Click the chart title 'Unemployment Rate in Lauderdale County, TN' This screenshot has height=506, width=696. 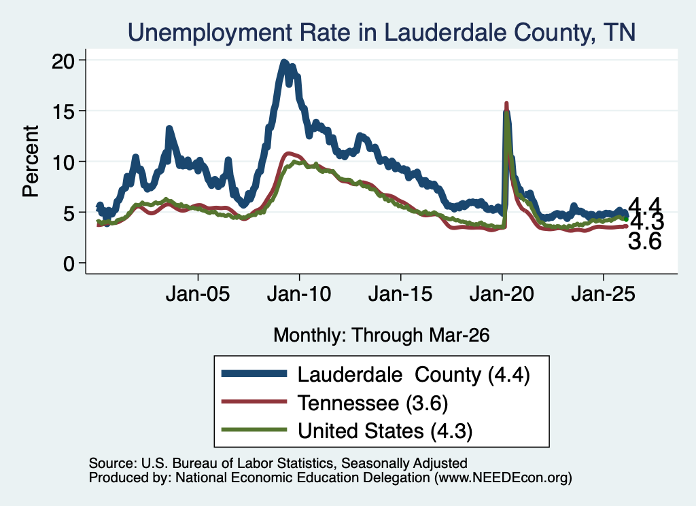pos(382,33)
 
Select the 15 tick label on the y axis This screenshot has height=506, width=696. pos(63,111)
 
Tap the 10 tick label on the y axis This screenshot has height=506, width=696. pos(63,162)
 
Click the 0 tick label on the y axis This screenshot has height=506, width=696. pos(69,264)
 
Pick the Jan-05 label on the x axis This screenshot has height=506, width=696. pos(198,293)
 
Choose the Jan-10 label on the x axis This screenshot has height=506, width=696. pos(299,293)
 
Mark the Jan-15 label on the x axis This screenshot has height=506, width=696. pos(400,293)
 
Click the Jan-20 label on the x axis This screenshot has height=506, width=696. pos(502,293)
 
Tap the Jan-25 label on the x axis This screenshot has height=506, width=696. pos(604,293)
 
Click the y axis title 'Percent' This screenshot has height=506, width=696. pos(31,161)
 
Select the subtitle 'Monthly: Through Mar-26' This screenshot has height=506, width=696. pos(381,336)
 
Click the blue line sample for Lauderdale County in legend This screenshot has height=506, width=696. pos(254,374)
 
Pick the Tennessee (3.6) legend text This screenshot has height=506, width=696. pos(373,403)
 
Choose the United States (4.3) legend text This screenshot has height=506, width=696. pos(385,431)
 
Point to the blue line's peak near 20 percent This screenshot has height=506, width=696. pos(285,62)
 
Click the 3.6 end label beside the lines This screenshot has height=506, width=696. pos(644,242)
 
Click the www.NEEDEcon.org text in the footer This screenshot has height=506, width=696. pos(503,477)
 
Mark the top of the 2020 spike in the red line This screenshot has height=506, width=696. pos(506,103)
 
